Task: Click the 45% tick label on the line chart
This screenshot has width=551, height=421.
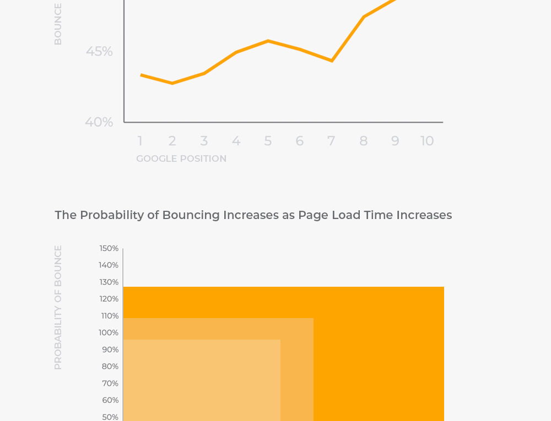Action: tap(99, 51)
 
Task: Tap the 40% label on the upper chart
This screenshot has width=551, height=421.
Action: tap(99, 122)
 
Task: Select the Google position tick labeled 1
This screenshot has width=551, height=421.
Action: tap(140, 141)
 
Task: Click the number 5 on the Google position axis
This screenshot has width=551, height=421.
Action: tap(268, 141)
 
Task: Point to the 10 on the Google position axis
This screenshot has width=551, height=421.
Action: tap(427, 141)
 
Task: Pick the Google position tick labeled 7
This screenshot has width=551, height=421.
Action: tap(331, 141)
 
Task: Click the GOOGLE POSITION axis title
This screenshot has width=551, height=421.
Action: tap(181, 158)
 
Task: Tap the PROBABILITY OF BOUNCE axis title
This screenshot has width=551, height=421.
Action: tap(58, 307)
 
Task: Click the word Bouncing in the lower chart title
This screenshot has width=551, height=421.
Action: tap(191, 215)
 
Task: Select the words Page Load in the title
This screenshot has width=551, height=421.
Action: tap(329, 215)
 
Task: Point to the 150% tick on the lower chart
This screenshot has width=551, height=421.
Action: tap(109, 248)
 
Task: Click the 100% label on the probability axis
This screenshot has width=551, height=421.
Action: tap(109, 332)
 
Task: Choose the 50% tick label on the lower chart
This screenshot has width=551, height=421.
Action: tap(110, 417)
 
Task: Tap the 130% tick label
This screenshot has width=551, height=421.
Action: tap(109, 282)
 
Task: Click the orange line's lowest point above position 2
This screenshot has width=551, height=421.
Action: tap(172, 83)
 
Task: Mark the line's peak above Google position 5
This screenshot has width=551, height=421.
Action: tap(268, 41)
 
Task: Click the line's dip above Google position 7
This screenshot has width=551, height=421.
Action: tap(332, 61)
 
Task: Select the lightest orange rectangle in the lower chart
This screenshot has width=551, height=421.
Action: tap(201, 380)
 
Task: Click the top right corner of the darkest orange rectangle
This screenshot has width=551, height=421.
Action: tap(443, 288)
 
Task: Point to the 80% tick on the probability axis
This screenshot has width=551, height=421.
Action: tap(110, 366)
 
